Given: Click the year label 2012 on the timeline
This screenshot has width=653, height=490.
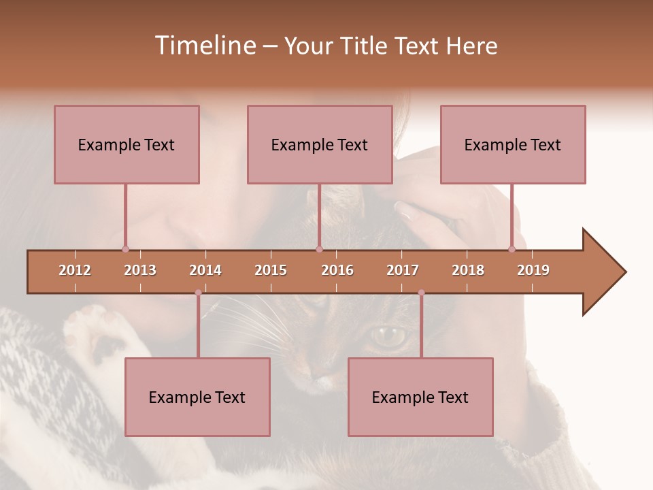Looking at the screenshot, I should pos(75,270).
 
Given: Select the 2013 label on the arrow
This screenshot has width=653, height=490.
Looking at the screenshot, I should pos(140,270).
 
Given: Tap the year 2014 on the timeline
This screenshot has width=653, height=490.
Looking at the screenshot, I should pos(205,270).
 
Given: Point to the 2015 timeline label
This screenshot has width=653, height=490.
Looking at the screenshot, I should pos(271,270).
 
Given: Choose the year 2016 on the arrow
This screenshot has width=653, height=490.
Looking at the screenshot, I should pos(337,270).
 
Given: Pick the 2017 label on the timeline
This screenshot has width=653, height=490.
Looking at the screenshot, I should pos(403,270).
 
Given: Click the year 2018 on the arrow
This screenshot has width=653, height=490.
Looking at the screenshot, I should pos(468,270).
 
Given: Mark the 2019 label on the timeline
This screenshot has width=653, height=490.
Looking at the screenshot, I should pos(533,270).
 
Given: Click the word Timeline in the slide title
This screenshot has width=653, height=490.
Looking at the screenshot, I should pos(204,46).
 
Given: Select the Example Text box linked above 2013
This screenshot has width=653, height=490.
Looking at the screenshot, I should pos(127,144).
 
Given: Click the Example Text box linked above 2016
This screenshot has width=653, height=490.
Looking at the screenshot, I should pos(320,144).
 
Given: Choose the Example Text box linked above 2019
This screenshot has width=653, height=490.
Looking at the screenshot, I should pos(513,144).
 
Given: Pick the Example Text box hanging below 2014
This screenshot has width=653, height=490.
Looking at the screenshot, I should pos(197,397).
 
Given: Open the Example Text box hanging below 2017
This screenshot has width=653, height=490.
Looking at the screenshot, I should pos(420,397).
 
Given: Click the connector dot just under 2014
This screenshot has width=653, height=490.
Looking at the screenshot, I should pos(198,293).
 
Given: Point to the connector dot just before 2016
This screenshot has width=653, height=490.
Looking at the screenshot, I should pos(319,249).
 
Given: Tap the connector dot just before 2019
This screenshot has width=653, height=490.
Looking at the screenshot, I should pos(512,249).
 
